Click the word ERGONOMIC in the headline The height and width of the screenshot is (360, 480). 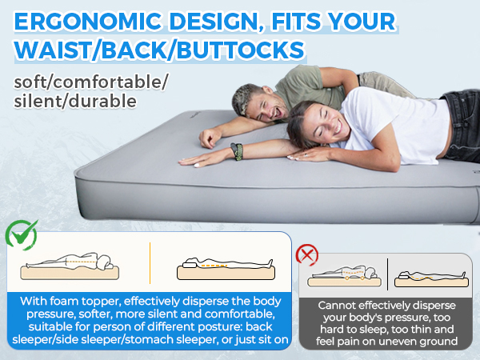[x=87, y=22]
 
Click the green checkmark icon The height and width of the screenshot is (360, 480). [x=22, y=234]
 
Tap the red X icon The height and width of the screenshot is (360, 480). [x=307, y=254]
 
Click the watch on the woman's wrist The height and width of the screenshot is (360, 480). [x=237, y=151]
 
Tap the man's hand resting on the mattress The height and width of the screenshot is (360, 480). [x=210, y=137]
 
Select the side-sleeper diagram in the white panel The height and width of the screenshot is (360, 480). [x=70, y=266]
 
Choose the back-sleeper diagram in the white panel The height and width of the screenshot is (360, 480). [x=226, y=269]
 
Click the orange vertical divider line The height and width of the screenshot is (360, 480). [x=150, y=263]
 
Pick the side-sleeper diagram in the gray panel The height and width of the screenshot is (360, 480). [x=345, y=276]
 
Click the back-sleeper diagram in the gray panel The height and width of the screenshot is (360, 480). [x=431, y=278]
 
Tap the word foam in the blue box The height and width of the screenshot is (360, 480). [x=64, y=302]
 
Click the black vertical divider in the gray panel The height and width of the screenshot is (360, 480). [x=387, y=274]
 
